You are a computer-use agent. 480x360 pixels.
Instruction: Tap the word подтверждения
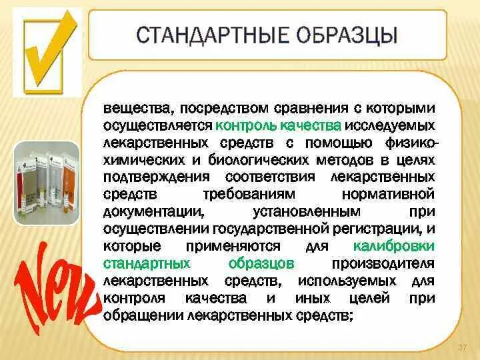pyautogui.click(x=147, y=177)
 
